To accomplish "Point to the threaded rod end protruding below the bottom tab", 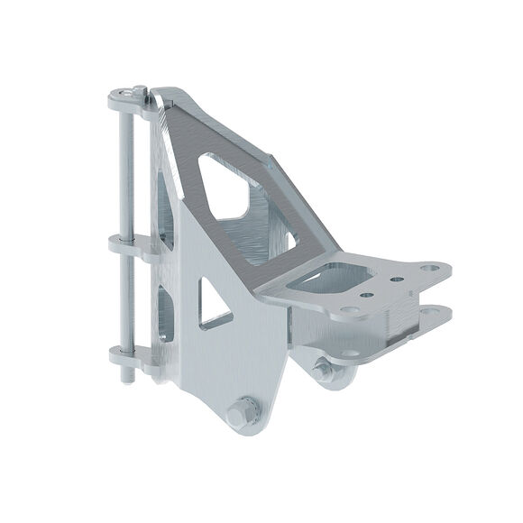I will click(126, 372).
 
